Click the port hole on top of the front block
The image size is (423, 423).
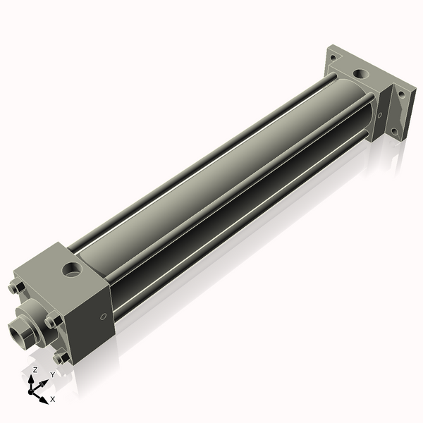click(x=72, y=269)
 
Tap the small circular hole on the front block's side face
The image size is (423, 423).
click(x=104, y=317)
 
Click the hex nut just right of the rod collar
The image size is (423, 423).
click(x=51, y=321)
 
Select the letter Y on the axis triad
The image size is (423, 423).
click(x=51, y=375)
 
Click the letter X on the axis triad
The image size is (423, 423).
click(x=53, y=399)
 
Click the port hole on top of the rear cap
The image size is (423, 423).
click(x=361, y=73)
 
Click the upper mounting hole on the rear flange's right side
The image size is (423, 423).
click(x=402, y=92)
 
